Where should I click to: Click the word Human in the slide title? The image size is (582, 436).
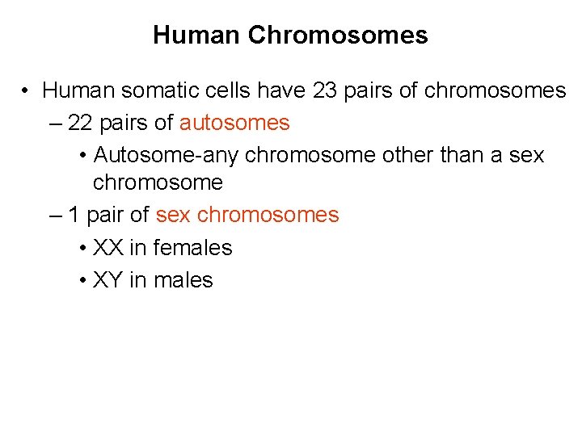pos(196,36)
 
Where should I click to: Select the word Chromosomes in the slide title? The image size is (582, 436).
pos(338,36)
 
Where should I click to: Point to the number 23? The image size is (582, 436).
pos(324,90)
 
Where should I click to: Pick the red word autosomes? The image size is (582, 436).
pos(234,123)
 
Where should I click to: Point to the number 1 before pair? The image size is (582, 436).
pos(74,215)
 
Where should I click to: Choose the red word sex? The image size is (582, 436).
pos(173,215)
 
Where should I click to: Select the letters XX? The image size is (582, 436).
pos(108,248)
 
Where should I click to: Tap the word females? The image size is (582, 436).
pos(192,248)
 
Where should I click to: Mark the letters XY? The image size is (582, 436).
pos(108,280)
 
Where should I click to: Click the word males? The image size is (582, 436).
pos(183,280)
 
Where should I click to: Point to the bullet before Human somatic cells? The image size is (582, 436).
pos(27,91)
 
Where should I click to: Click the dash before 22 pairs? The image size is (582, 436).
pos(54,124)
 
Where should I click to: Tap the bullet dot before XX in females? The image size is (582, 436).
pos(84,249)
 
